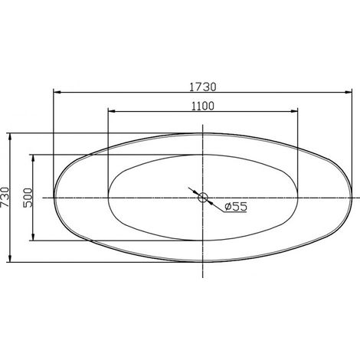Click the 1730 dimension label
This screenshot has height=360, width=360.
pyautogui.click(x=203, y=87)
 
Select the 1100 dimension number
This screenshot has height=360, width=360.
pyautogui.click(x=203, y=106)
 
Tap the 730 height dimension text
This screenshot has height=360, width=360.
pyautogui.click(x=5, y=198)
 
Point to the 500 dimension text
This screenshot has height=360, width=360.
pyautogui.click(x=28, y=198)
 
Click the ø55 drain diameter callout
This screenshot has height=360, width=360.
pyautogui.click(x=236, y=206)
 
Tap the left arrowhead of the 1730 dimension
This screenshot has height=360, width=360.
pyautogui.click(x=57, y=93)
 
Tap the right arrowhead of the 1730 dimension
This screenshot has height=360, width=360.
pyautogui.click(x=349, y=93)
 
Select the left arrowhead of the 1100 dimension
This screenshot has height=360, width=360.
pyautogui.click(x=112, y=111)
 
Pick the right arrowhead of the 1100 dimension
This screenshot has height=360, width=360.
pyautogui.click(x=294, y=111)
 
